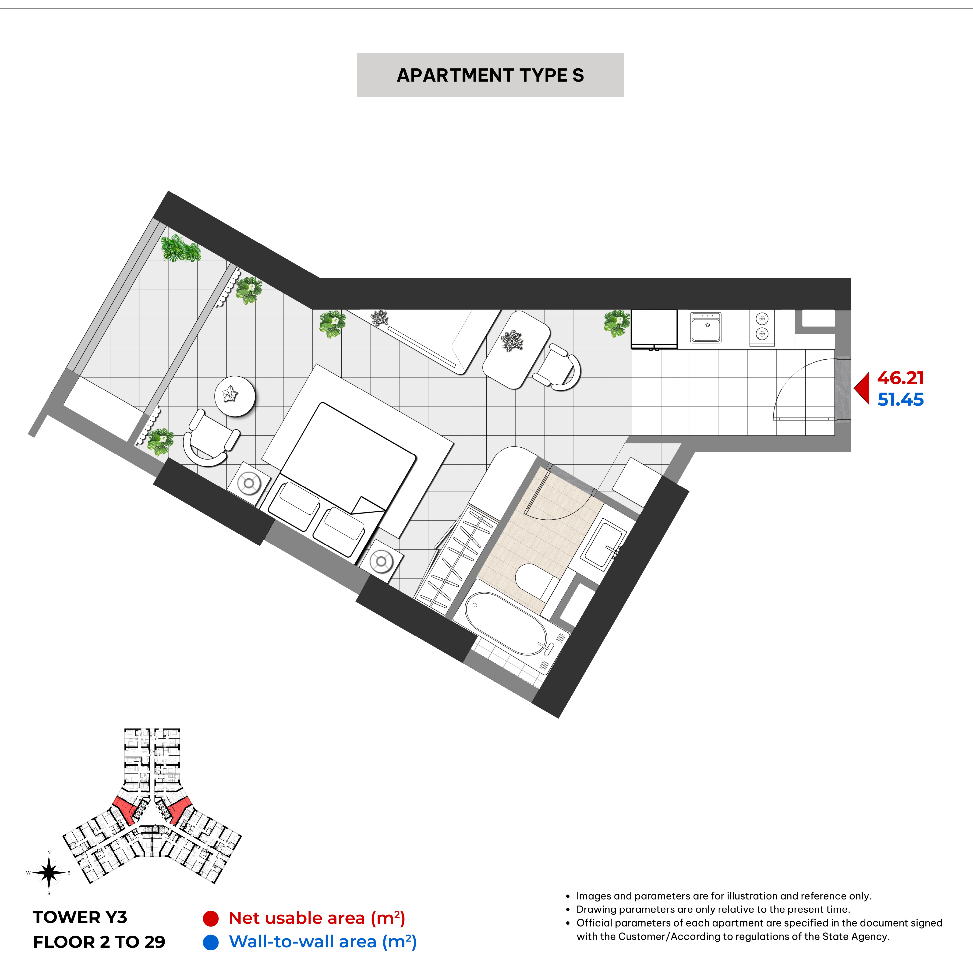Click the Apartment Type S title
pyautogui.click(x=490, y=75)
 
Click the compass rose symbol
pyautogui.click(x=49, y=873)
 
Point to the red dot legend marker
pyautogui.click(x=211, y=919)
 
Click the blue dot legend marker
pyautogui.click(x=211, y=942)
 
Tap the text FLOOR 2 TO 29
pyautogui.click(x=99, y=942)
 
